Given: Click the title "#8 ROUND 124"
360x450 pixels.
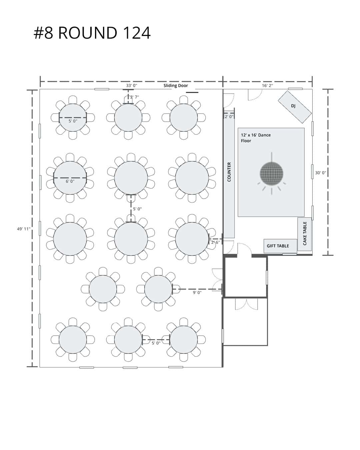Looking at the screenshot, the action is [92, 33].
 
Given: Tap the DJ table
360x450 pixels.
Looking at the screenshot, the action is [294, 107].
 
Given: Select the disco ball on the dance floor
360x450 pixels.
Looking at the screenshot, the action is [271, 173].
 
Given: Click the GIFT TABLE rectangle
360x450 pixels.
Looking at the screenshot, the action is [280, 246].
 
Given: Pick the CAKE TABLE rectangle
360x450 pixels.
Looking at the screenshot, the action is [304, 234].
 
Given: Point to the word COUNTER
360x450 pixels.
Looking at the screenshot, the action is [229, 172].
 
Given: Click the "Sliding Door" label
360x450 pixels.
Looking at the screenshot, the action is [176, 86].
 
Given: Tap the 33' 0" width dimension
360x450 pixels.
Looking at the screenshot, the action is [131, 85].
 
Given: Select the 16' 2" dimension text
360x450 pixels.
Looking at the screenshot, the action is [267, 85].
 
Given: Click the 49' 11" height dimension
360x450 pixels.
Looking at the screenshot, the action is [24, 229].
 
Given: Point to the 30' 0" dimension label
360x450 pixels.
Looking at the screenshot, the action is [320, 173].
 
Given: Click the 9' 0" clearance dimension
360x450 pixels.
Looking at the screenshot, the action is [197, 292].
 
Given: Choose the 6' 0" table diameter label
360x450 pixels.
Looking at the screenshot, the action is [70, 181].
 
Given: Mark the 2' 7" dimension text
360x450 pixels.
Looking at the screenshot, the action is [134, 97].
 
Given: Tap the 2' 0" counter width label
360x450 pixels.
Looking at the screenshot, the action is [229, 116].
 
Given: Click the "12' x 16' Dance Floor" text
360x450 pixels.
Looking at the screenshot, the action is [256, 138].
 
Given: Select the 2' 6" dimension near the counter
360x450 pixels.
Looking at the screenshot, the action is [215, 242].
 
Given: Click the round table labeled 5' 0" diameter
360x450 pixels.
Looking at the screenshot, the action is [73, 118].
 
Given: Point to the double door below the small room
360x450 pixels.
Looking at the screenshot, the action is [246, 305].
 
